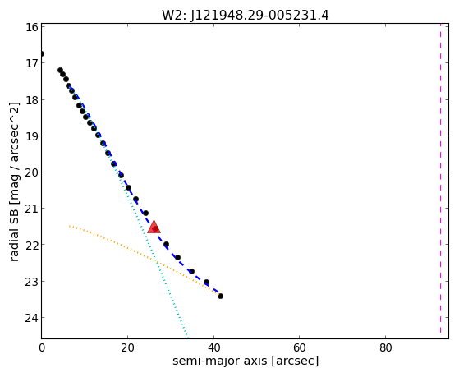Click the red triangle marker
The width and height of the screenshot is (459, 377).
[x=154, y=227]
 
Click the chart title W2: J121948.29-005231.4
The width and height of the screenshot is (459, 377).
[x=246, y=15]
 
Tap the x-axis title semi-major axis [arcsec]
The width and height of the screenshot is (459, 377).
[x=246, y=361]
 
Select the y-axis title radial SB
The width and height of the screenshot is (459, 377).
[x=14, y=232]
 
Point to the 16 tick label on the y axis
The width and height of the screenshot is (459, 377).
[x=32, y=27]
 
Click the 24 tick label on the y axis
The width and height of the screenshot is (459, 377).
[x=31, y=318]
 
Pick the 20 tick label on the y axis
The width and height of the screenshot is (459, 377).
[x=31, y=172]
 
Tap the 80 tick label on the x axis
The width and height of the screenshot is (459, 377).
[x=386, y=347]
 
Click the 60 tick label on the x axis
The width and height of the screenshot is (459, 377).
[x=300, y=347]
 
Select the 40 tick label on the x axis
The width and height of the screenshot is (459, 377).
[x=213, y=347]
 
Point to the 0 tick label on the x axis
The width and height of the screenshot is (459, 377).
[x=42, y=347]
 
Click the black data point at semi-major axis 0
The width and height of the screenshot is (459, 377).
[x=42, y=54]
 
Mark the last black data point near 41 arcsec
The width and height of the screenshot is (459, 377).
[x=220, y=297]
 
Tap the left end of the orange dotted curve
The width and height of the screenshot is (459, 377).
[x=69, y=226]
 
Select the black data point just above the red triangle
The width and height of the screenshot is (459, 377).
[x=145, y=213]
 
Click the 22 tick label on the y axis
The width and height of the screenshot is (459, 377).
[x=31, y=245]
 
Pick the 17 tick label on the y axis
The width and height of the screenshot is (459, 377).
[x=32, y=63]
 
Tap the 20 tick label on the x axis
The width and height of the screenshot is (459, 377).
[x=127, y=347]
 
